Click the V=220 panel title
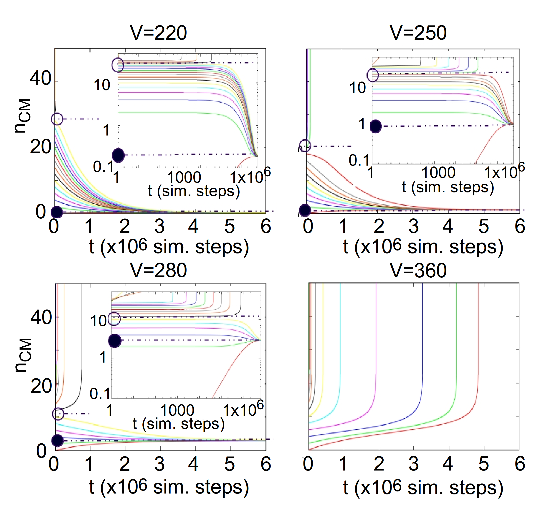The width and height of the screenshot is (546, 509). pyautogui.click(x=159, y=33)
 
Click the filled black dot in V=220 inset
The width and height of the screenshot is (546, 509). pyautogui.click(x=118, y=155)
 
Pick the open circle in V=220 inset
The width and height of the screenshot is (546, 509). pyautogui.click(x=118, y=65)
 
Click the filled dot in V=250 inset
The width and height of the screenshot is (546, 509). pyautogui.click(x=376, y=126)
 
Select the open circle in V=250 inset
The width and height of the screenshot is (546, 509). pyautogui.click(x=373, y=75)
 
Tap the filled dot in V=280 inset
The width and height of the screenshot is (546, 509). pyautogui.click(x=114, y=341)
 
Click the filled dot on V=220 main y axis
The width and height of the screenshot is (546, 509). pyautogui.click(x=57, y=212)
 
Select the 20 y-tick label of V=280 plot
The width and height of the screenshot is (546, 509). pyautogui.click(x=41, y=386)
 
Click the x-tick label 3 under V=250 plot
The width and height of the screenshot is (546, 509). pyautogui.click(x=413, y=226)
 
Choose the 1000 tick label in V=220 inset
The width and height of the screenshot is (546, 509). pyautogui.click(x=184, y=178)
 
